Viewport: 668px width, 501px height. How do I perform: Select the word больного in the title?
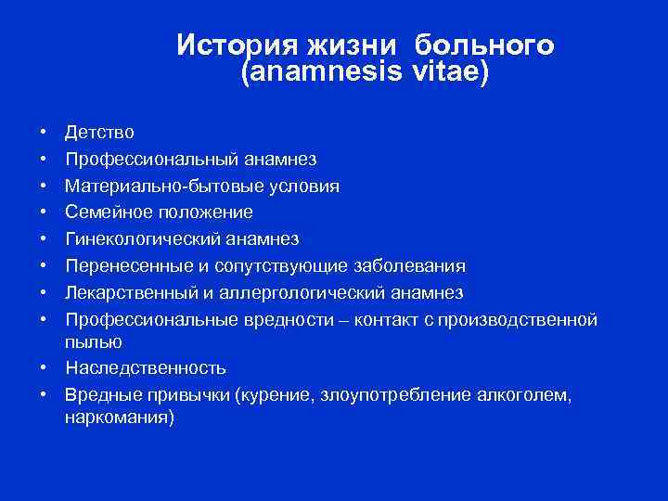[485, 45]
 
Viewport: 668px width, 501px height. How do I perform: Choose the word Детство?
[99, 133]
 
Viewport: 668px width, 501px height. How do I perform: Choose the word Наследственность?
[146, 368]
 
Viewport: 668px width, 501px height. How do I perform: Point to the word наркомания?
[119, 417]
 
